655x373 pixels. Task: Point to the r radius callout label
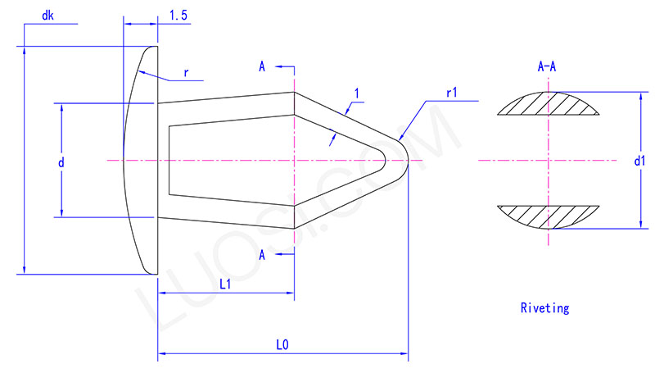click(187, 72)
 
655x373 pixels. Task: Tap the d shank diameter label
click(61, 161)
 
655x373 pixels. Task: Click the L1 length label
click(225, 283)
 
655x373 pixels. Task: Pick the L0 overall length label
click(282, 345)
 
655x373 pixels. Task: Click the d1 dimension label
click(639, 161)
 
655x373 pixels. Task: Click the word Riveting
click(544, 309)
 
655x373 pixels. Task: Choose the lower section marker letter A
click(262, 255)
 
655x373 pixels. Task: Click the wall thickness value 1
click(356, 93)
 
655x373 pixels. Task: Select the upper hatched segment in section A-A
click(548, 105)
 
